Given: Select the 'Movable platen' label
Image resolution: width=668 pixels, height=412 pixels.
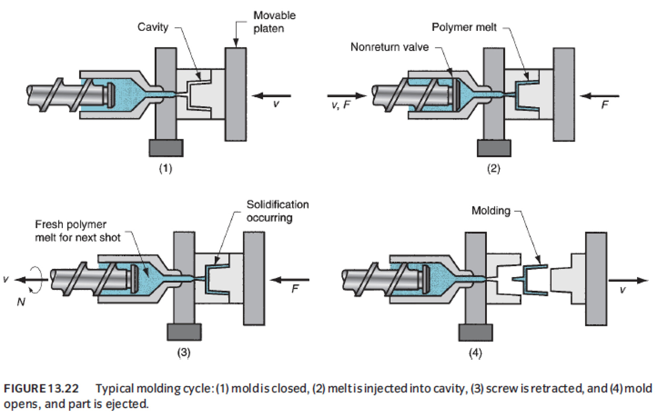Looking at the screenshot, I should coord(274,22).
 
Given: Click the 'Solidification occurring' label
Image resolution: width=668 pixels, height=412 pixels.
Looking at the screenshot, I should coord(277,211).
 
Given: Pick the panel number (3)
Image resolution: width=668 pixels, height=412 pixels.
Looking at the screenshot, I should coord(183,353).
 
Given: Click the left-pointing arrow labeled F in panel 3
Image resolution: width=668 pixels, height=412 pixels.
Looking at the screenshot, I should coord(291,280).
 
